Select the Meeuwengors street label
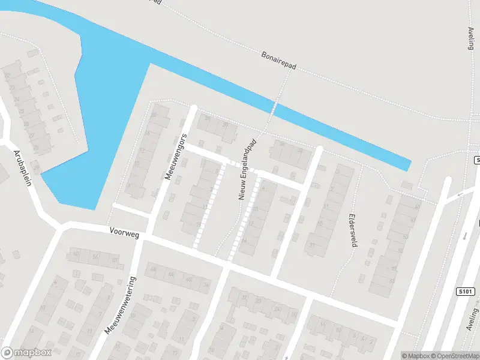click(x=173, y=157)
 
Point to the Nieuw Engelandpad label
click(x=247, y=170)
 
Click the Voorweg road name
click(x=124, y=232)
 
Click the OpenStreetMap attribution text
click(x=455, y=355)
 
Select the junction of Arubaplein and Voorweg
click(x=61, y=226)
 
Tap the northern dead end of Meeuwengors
click(x=194, y=108)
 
